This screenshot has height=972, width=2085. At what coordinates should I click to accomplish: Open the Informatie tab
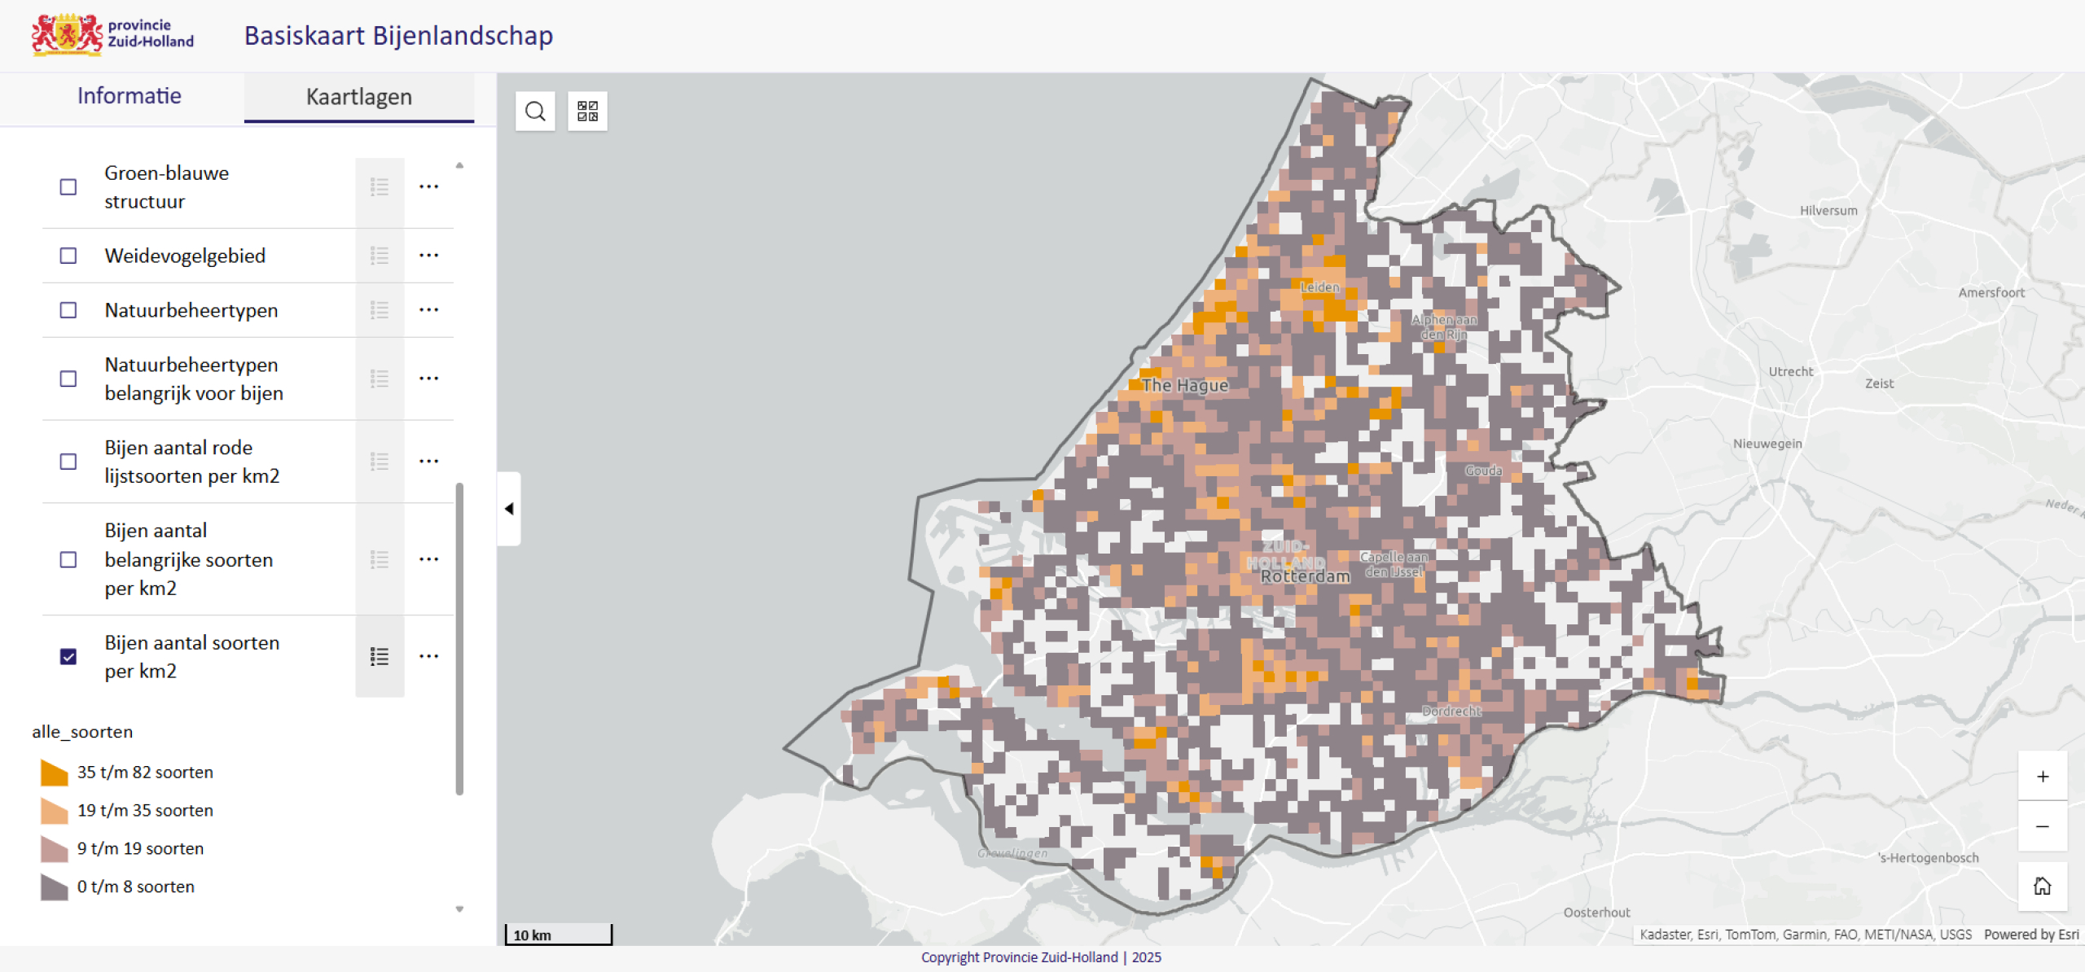(129, 96)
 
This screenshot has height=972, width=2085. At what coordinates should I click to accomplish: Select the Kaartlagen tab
(358, 97)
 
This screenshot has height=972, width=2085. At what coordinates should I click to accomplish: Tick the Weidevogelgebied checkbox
(68, 256)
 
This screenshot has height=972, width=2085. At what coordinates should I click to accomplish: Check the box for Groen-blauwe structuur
(68, 187)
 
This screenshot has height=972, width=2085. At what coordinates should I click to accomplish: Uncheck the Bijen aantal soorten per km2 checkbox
(68, 656)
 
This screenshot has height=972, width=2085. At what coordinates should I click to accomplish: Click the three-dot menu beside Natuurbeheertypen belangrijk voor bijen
(428, 379)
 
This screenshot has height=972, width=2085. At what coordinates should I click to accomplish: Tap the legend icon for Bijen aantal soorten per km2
(380, 656)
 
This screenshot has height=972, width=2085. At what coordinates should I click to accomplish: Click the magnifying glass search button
(535, 112)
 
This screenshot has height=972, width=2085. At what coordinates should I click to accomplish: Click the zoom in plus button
(2042, 777)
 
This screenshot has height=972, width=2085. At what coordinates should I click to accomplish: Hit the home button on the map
(2042, 886)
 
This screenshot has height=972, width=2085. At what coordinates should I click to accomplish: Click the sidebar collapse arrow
(509, 509)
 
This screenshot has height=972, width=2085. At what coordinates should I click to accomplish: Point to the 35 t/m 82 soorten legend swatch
(54, 773)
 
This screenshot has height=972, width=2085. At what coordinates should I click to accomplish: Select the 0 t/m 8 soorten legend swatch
(54, 887)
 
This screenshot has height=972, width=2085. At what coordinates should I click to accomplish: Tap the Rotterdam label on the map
(1305, 576)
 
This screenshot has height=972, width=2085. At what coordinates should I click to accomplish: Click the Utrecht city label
(1790, 372)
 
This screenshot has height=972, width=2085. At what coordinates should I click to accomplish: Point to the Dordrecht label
(1451, 711)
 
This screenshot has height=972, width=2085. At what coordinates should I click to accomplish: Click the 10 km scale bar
(559, 935)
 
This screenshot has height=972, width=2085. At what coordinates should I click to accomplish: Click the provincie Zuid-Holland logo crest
(67, 35)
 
